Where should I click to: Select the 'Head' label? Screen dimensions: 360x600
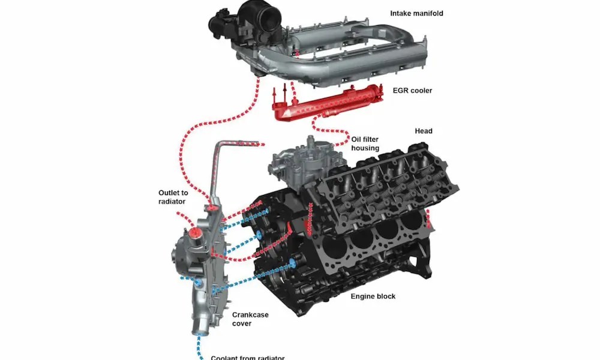[x=424, y=131]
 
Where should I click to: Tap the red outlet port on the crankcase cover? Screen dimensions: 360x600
[x=194, y=233]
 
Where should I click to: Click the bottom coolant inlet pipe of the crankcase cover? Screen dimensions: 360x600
[x=197, y=328]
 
